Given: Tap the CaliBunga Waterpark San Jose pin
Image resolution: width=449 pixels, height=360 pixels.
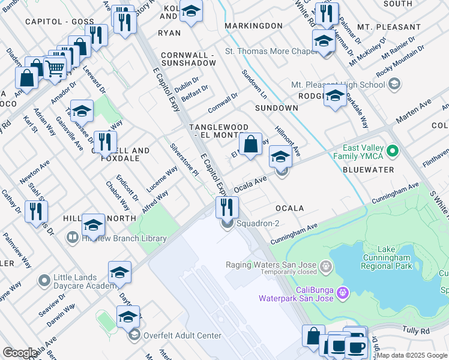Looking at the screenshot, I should (x=343, y=293).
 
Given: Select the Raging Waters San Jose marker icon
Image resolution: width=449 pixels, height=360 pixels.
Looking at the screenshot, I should (x=325, y=265).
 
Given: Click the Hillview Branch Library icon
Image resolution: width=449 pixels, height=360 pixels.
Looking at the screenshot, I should (x=72, y=238).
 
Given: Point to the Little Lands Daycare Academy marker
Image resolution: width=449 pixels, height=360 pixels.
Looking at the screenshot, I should (x=43, y=280).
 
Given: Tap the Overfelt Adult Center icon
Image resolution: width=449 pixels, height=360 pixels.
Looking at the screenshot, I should (x=133, y=334).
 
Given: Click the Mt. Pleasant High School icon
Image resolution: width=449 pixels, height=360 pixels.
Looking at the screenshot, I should (x=394, y=85).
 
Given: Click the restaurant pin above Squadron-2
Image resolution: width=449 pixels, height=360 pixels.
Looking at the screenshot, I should (x=227, y=206).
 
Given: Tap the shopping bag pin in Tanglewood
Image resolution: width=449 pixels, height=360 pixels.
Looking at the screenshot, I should (x=250, y=144).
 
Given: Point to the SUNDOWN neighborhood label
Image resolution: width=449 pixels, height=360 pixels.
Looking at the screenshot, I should (x=276, y=108).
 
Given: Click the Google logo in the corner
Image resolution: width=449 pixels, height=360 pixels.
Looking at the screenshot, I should (x=20, y=353).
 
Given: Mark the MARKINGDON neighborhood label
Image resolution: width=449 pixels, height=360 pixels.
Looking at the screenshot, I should (x=253, y=26).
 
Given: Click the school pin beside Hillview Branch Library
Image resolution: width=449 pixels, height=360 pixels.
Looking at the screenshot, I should (x=93, y=225).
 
